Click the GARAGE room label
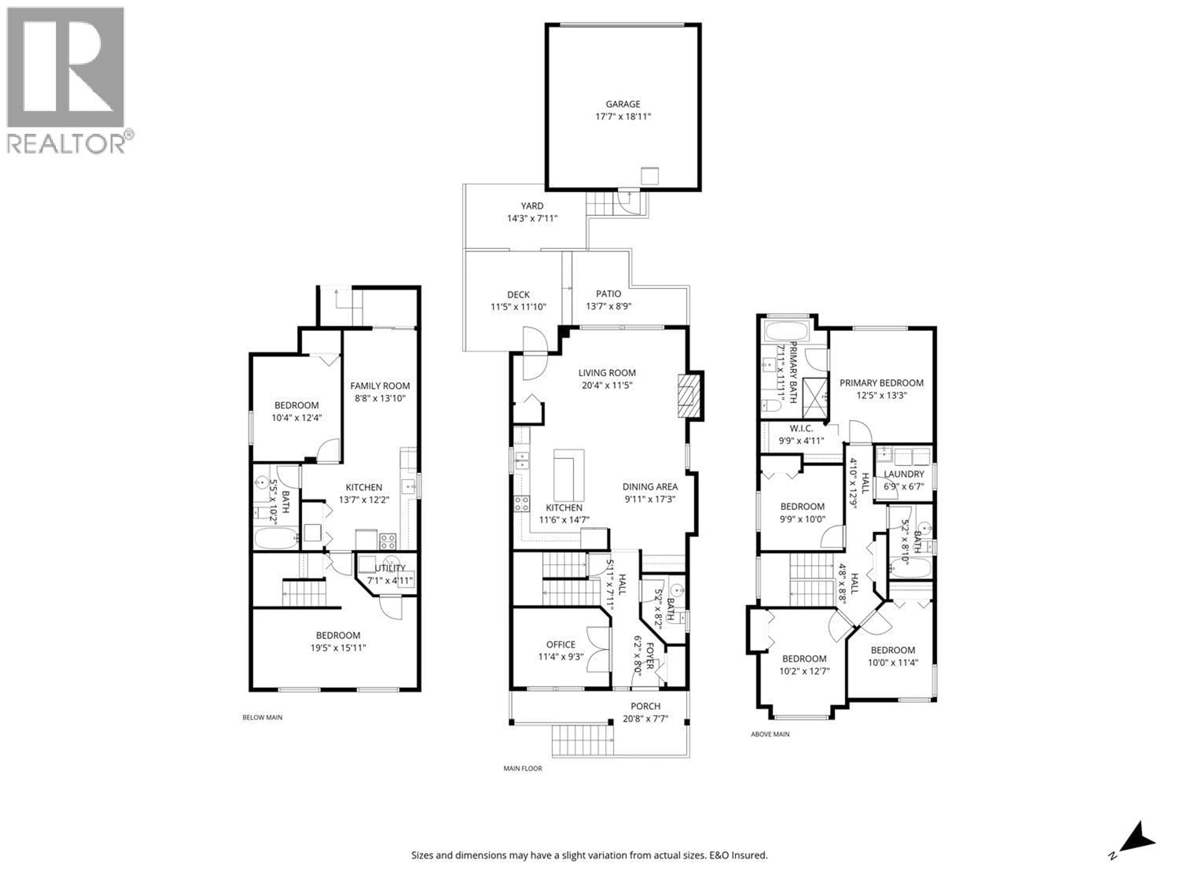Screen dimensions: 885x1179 click(x=623, y=104)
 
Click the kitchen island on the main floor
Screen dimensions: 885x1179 click(x=569, y=475)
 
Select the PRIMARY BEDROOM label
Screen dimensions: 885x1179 click(x=881, y=383)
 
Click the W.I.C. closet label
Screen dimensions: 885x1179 click(x=801, y=428)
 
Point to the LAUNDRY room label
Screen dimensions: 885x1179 click(x=903, y=474)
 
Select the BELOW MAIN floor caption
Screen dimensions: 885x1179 click(x=262, y=718)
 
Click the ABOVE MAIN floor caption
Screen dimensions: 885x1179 click(x=770, y=734)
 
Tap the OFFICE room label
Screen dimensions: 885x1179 click(x=560, y=644)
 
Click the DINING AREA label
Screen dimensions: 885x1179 click(x=650, y=486)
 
